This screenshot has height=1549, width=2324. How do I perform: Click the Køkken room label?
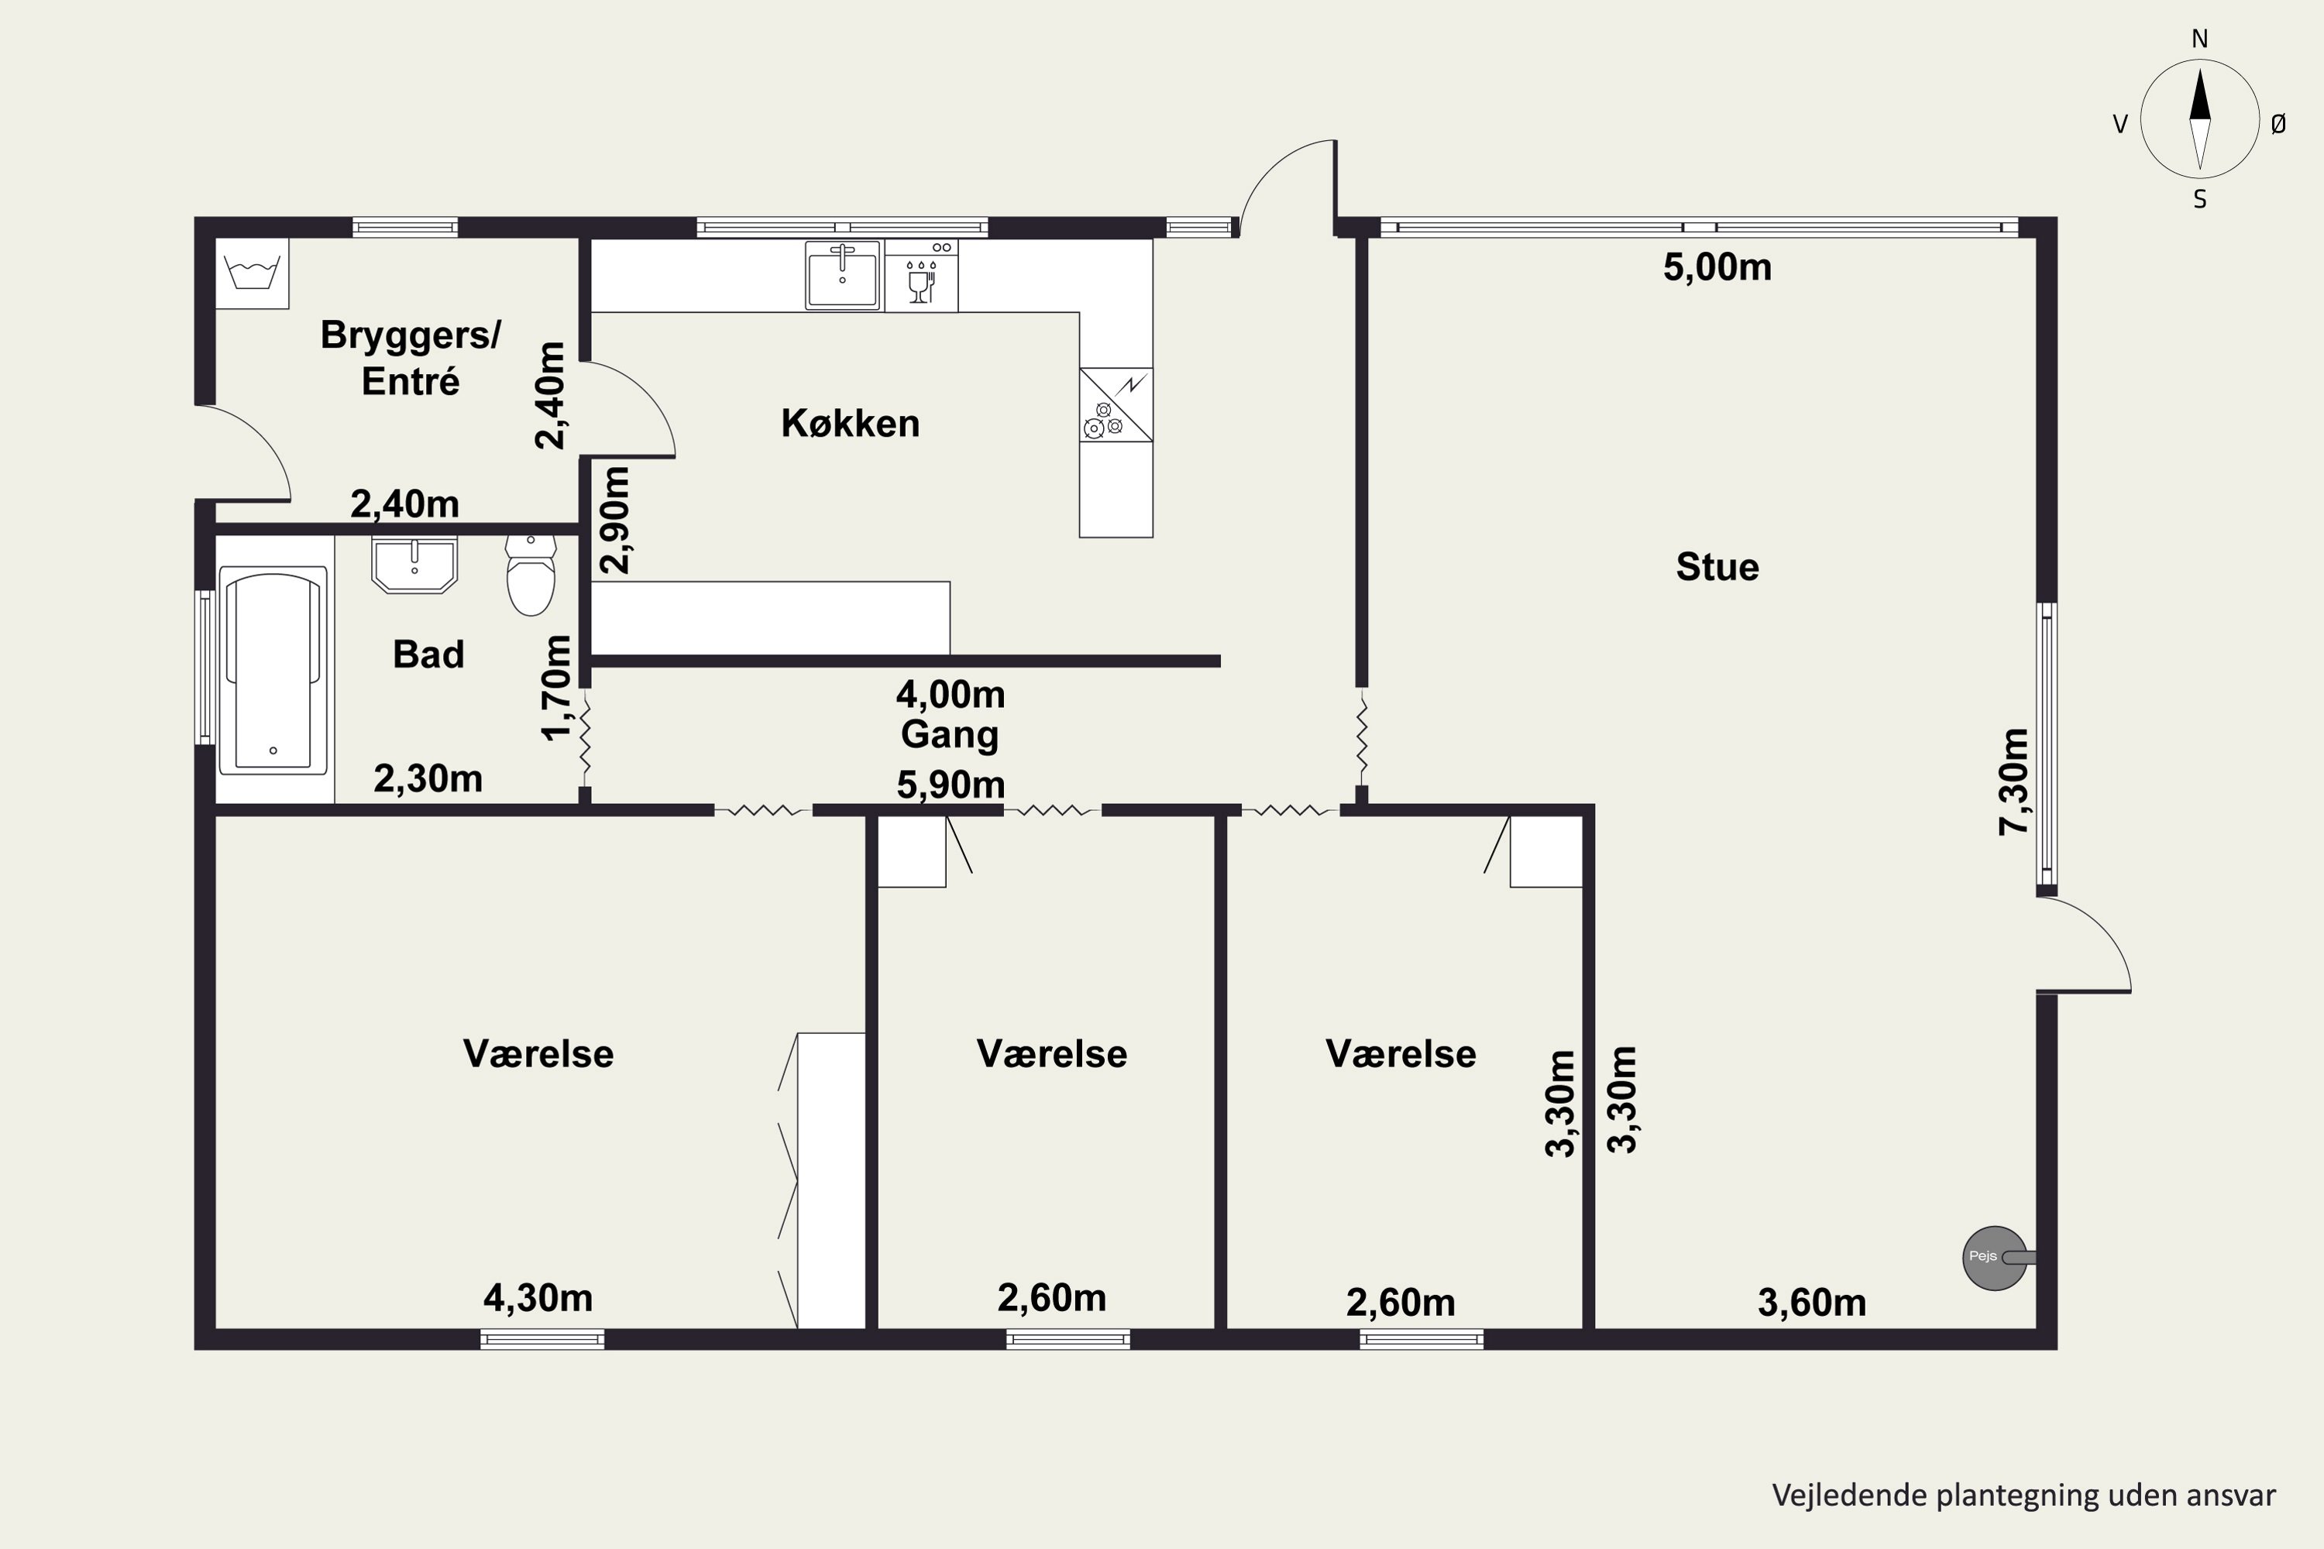(850, 424)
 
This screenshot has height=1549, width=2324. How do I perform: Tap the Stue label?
(1717, 567)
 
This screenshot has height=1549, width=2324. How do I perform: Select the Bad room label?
(428, 654)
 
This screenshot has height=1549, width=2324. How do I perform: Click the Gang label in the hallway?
(950, 735)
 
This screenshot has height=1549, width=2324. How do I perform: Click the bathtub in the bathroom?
(273, 670)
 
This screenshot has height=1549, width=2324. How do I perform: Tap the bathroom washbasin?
(414, 565)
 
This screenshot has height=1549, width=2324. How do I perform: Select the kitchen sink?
(843, 276)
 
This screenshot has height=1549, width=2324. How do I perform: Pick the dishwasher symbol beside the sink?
(921, 276)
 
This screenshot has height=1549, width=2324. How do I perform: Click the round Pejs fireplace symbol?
(1994, 1258)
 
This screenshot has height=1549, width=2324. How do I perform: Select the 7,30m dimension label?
(2013, 781)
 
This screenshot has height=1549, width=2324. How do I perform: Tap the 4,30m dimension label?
(538, 1298)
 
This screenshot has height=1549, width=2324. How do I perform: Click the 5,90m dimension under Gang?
(951, 785)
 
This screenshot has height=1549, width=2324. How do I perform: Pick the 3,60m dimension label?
(1812, 1303)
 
